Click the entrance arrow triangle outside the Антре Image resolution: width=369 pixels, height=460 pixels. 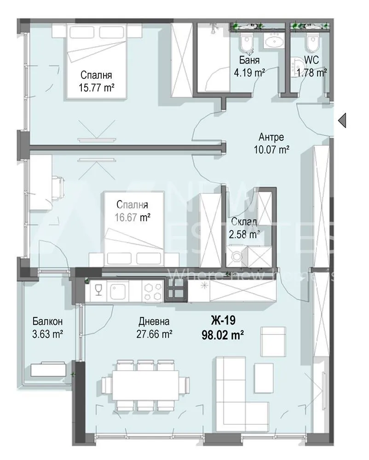point(342,121)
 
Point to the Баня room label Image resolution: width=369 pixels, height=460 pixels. point(249,61)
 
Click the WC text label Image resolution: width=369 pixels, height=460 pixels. point(311,61)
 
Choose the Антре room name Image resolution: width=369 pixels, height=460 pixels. point(271,137)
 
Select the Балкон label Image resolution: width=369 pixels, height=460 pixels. point(47,321)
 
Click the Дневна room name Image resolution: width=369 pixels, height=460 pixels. point(154,322)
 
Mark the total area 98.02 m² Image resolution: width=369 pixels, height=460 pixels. point(223,334)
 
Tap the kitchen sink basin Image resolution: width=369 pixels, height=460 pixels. point(119,290)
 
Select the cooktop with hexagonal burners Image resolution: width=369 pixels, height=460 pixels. point(152,290)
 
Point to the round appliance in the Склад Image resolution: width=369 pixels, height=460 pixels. point(237,258)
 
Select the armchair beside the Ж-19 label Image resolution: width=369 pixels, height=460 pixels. point(274,338)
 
